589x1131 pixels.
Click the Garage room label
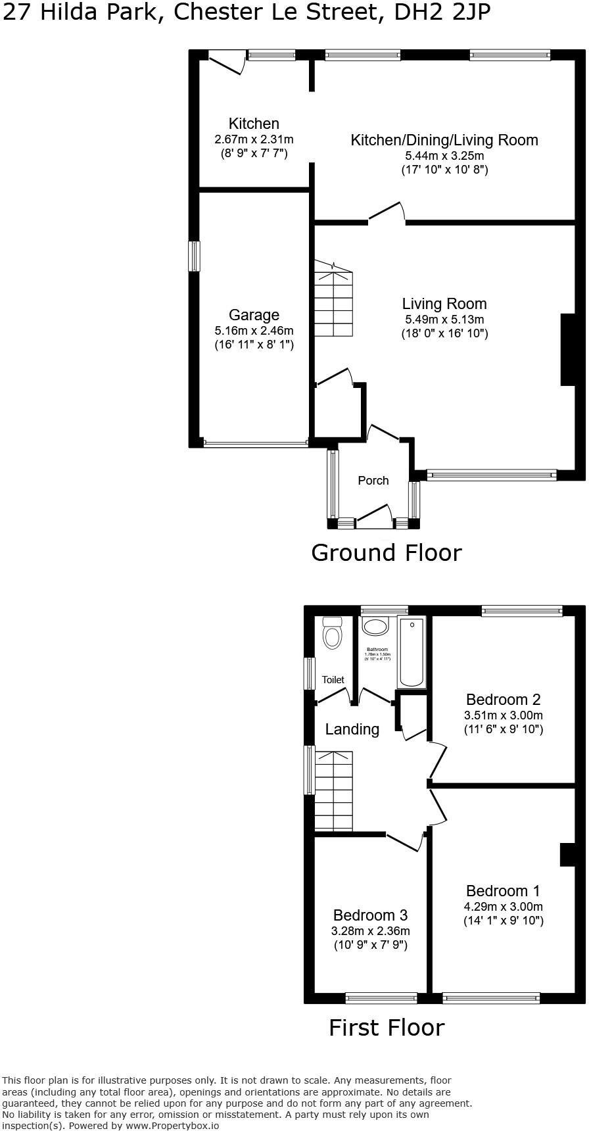tap(254, 315)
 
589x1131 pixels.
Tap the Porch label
tap(373, 481)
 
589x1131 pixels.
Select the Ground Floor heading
tap(386, 553)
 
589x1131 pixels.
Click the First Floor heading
tap(387, 1028)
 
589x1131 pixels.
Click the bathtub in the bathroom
tap(412, 652)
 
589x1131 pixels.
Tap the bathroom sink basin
tap(376, 626)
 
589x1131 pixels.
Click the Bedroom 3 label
tap(370, 915)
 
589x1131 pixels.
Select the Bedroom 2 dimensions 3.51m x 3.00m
tap(504, 715)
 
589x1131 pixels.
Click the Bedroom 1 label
tap(503, 891)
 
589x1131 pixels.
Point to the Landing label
tap(352, 729)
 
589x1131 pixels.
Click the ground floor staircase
tap(333, 299)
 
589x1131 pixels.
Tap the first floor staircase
tap(334, 792)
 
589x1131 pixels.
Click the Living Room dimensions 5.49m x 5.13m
tap(444, 320)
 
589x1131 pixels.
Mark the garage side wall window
tap(194, 256)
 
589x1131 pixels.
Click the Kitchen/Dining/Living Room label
tap(444, 140)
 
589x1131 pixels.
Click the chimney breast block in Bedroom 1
tap(567, 855)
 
